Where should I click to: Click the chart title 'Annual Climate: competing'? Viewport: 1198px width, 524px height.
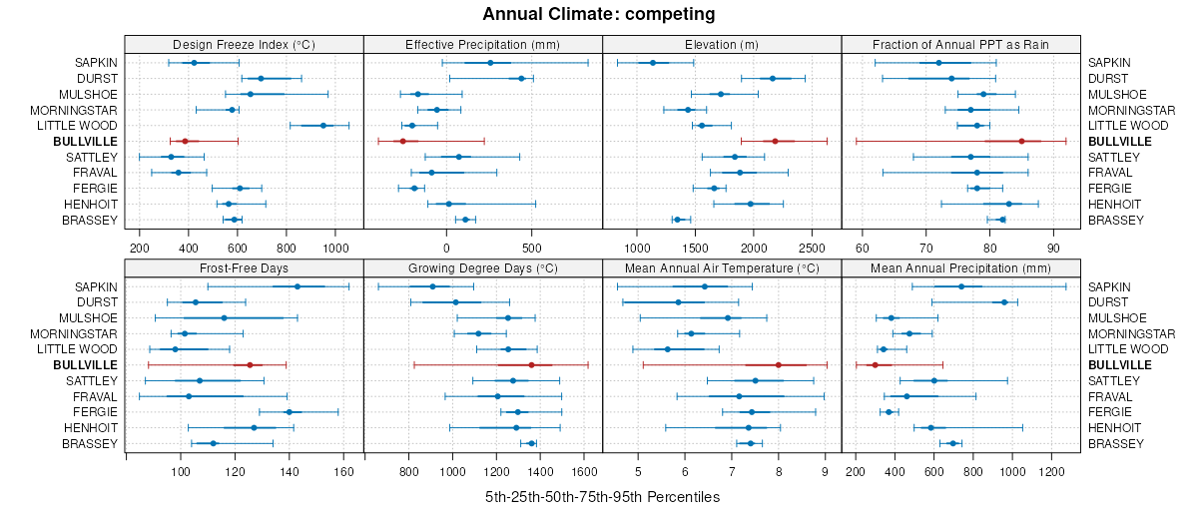(599, 14)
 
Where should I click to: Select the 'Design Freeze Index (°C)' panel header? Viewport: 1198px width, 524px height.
(244, 45)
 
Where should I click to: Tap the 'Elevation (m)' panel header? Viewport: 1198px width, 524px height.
(722, 45)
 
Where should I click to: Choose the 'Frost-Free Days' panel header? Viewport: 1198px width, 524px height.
(244, 268)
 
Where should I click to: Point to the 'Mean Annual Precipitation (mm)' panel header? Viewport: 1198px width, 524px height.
(960, 268)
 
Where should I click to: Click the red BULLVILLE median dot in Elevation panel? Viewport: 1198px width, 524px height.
(775, 142)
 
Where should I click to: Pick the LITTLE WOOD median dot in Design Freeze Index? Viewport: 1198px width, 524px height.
(322, 126)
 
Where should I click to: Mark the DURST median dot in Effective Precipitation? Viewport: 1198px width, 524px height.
(521, 78)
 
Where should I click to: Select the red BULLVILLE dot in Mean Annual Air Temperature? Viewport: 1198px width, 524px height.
(779, 365)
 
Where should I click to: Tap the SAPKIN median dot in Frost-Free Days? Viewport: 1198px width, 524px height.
(298, 286)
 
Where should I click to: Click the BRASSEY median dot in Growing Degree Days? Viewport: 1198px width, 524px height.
(531, 443)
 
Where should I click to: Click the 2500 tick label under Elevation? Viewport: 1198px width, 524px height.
(812, 247)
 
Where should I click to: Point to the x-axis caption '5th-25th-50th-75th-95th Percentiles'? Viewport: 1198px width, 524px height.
(602, 497)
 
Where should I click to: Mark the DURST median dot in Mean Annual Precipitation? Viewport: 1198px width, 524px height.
(1004, 302)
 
